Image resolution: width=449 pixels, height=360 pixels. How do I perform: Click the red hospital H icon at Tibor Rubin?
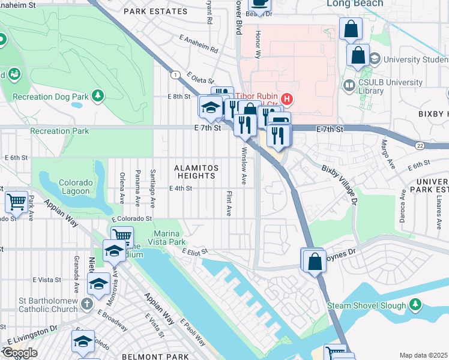click(x=287, y=99)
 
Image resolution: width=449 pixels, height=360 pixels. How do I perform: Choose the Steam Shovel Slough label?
click(x=367, y=305)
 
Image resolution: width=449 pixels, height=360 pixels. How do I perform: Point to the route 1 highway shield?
click(x=175, y=74)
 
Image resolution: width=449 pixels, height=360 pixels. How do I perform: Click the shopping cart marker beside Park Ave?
click(x=16, y=202)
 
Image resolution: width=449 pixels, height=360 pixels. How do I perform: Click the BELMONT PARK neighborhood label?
click(x=148, y=356)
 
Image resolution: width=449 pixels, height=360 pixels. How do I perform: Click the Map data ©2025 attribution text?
click(x=424, y=355)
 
